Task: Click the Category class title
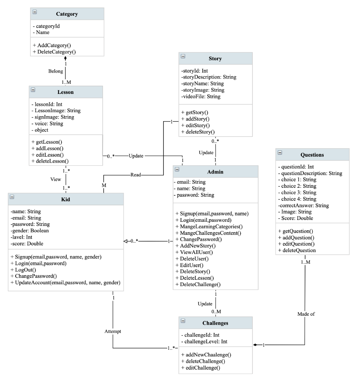67,14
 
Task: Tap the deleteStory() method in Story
198,132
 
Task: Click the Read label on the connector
136,175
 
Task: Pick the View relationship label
55,179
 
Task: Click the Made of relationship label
306,314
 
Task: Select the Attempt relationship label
113,331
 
